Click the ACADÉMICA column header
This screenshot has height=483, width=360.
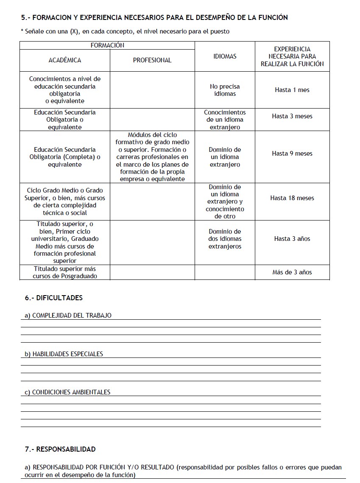point(65,60)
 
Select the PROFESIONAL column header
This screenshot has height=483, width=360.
point(152,60)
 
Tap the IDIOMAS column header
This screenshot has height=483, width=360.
point(225,56)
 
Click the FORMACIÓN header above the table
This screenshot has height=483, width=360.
point(107,45)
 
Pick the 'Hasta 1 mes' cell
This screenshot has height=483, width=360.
point(292,90)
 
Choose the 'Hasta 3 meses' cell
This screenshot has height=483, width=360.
point(292,116)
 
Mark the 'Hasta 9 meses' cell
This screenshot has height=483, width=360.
point(292,154)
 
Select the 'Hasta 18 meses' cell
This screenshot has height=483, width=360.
point(292,198)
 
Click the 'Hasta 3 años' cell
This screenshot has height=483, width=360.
point(292,239)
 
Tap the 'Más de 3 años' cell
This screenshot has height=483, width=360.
point(292,272)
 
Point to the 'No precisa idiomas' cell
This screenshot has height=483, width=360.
point(225,90)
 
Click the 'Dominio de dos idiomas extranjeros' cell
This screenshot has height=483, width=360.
point(225,239)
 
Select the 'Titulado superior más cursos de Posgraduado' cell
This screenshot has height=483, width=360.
point(65,272)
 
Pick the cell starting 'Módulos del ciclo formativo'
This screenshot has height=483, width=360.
point(152,157)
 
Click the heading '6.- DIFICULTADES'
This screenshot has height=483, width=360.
point(53,298)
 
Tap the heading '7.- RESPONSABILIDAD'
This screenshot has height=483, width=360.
point(60,449)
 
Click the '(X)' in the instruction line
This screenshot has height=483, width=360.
point(75,31)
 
